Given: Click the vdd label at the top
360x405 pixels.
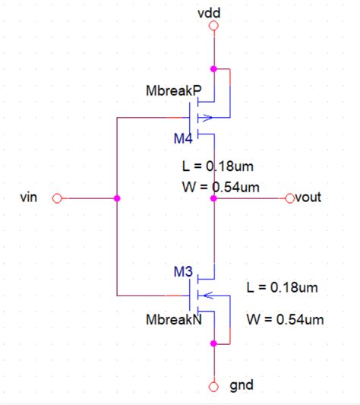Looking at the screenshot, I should (213, 13).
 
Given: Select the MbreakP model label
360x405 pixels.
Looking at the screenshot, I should (173, 91).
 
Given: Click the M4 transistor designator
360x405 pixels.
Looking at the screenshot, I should (182, 138).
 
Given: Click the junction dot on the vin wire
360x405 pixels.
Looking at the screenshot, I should (116, 198).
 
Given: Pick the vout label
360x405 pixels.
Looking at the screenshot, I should (308, 198).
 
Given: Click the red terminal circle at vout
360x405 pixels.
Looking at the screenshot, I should (289, 198).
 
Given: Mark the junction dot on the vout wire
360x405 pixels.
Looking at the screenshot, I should (213, 198).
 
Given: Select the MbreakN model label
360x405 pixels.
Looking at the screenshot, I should (173, 320).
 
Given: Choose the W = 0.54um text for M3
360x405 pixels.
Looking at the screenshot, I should (285, 319).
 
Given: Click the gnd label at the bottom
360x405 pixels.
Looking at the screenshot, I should (241, 386).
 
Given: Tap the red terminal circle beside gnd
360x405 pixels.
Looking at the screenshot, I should (213, 386).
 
